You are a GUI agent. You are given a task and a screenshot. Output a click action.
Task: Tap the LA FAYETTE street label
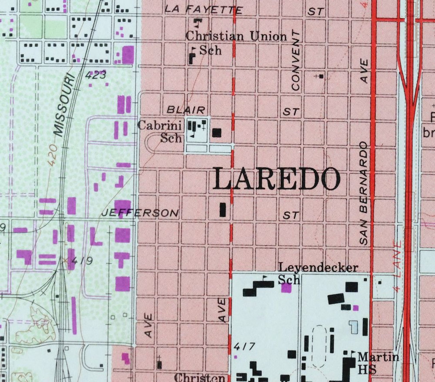pos(203,10)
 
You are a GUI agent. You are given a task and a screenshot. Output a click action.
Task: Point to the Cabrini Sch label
pos(160,132)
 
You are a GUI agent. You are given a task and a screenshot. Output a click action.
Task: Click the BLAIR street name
pos(186,110)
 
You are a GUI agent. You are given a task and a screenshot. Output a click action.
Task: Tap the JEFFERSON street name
pos(140,213)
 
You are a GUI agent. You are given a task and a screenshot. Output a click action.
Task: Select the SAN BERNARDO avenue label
pos(364,193)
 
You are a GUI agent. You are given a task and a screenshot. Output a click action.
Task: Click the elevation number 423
pos(95,75)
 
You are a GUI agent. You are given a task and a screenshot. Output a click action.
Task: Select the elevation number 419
pos(82,261)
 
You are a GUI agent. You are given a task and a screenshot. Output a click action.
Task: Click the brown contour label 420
pos(53,155)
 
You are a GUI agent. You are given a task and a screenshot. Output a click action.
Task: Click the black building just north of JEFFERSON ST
pos(223,210)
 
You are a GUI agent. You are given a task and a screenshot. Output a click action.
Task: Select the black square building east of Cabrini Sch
pos(217,133)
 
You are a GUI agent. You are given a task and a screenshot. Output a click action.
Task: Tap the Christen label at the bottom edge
pos(200,378)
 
